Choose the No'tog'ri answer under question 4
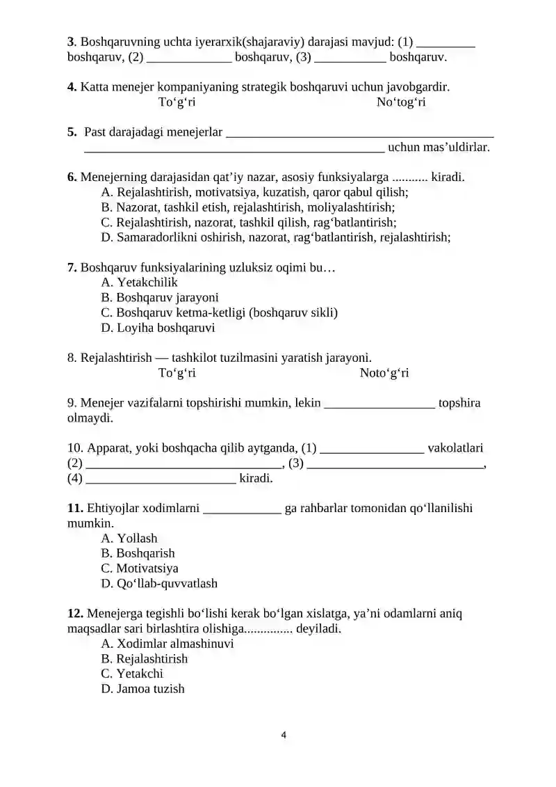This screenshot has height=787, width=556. click(x=401, y=102)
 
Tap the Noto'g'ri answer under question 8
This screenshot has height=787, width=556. click(x=384, y=373)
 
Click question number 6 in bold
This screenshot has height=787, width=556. click(x=72, y=177)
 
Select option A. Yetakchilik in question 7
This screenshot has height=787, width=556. click(x=139, y=282)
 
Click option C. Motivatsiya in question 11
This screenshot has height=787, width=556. click(x=140, y=569)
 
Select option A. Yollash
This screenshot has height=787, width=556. click(x=129, y=538)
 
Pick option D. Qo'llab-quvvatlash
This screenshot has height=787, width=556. click(x=159, y=584)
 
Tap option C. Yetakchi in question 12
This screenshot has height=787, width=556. click(x=132, y=674)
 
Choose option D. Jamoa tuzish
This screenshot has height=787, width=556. click(x=142, y=689)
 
